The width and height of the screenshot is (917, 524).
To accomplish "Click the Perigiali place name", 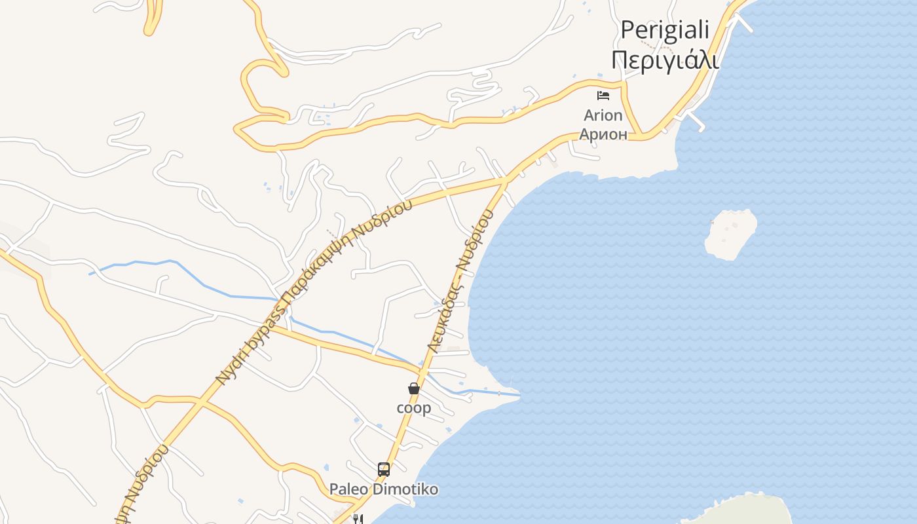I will pyautogui.click(x=665, y=30).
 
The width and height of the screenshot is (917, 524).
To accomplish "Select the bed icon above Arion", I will pyautogui.click(x=603, y=96).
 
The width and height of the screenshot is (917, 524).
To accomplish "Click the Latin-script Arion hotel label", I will pyautogui.click(x=603, y=115).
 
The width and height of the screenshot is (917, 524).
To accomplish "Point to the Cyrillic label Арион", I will pyautogui.click(x=603, y=134).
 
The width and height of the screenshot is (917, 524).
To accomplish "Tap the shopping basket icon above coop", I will pyautogui.click(x=414, y=389).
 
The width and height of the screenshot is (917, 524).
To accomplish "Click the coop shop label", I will pyautogui.click(x=414, y=408).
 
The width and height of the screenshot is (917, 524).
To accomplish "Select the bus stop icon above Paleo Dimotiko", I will pyautogui.click(x=384, y=469).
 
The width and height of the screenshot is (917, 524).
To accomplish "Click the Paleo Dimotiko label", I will pyautogui.click(x=384, y=489).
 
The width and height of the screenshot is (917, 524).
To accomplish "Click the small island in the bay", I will pyautogui.click(x=730, y=234).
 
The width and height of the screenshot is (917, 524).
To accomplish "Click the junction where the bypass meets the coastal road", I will pyautogui.click(x=506, y=179).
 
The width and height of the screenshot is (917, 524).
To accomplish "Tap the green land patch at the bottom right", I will pyautogui.click(x=753, y=511).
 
